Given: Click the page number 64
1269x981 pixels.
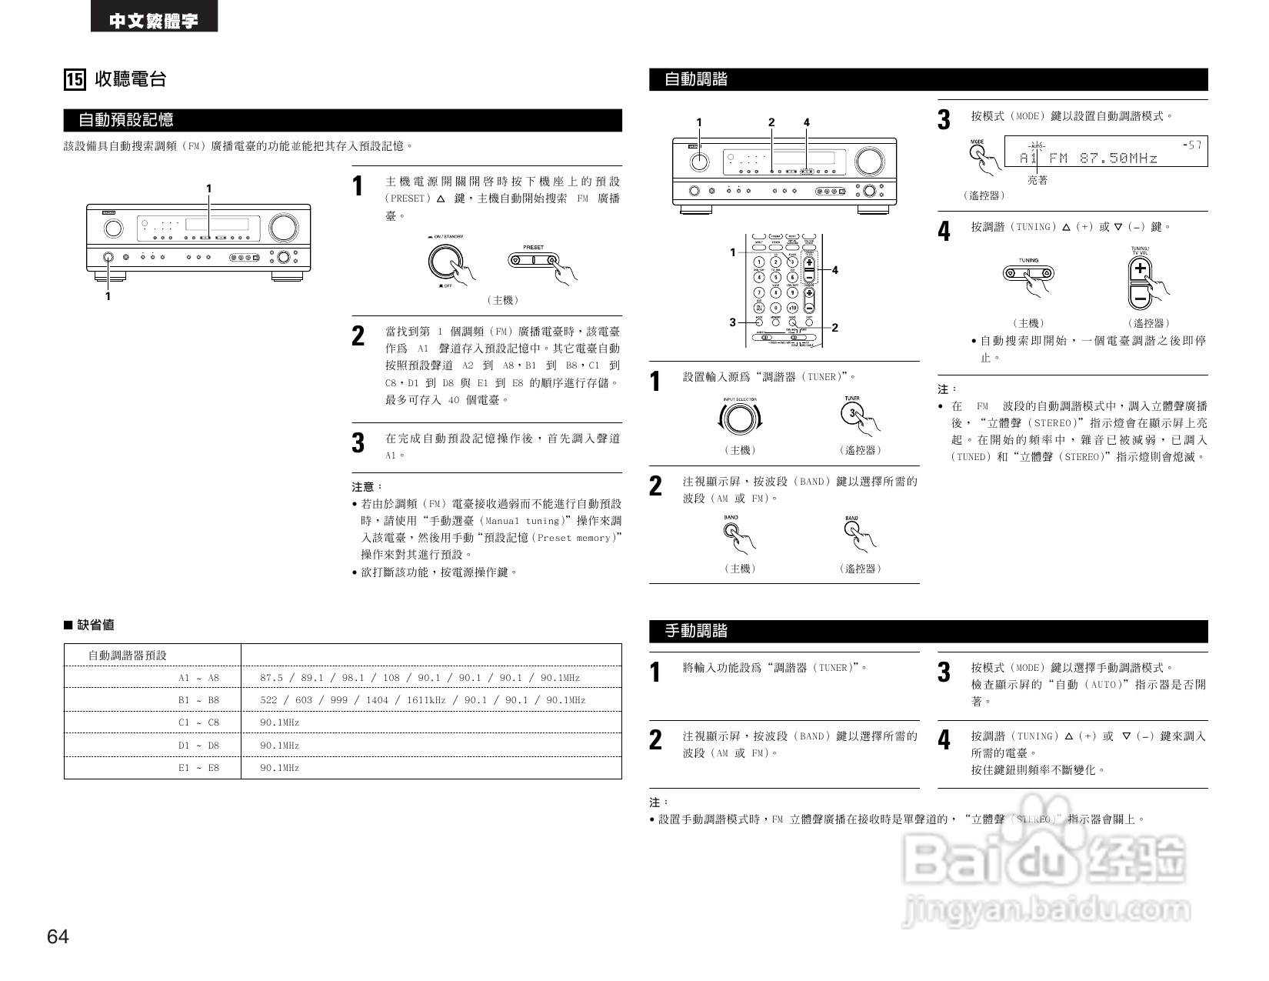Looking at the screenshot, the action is (x=58, y=936).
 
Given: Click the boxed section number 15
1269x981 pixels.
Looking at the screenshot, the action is (x=74, y=79).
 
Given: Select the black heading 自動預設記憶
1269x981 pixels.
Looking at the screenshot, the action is (x=126, y=120).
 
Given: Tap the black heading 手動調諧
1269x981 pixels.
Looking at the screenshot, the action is (x=696, y=631).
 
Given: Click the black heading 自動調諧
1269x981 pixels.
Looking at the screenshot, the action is (x=696, y=79).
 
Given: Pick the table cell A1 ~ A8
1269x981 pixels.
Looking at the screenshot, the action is (x=198, y=678).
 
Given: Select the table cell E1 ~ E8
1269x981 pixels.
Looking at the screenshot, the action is (x=198, y=768).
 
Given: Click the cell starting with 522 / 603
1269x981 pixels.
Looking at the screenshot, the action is (x=422, y=700).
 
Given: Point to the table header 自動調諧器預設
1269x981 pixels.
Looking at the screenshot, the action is (x=127, y=656).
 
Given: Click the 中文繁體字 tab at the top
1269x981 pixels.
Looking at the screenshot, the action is (x=154, y=21).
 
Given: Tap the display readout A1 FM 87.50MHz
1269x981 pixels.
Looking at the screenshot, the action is (x=1087, y=158).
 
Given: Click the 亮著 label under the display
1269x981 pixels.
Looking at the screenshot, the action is (x=1038, y=180).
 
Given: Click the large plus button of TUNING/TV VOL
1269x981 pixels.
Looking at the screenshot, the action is (x=1140, y=269).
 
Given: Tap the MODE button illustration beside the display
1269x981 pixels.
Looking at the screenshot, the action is (x=978, y=152).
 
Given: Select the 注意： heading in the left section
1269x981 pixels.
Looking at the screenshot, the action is (x=367, y=487).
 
